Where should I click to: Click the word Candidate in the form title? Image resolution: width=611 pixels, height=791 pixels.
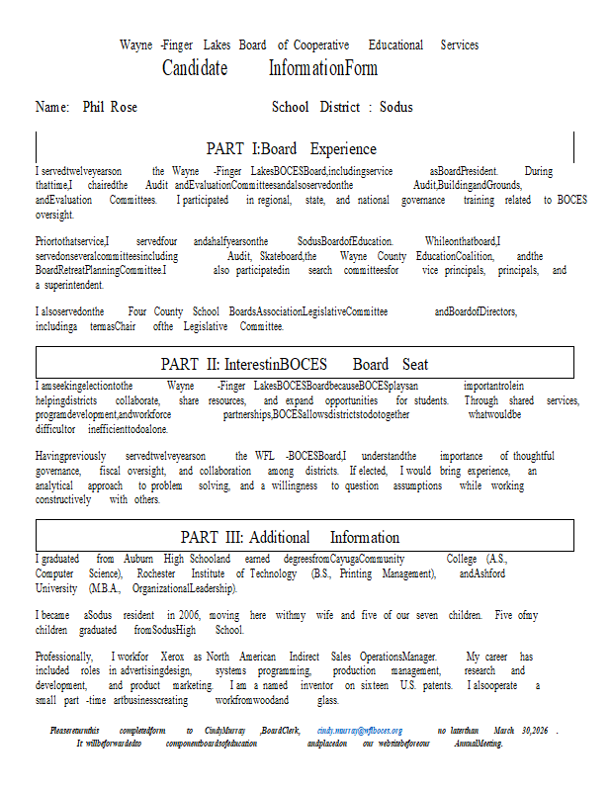pyautogui.click(x=195, y=68)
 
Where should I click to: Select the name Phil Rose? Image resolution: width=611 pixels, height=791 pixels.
pyautogui.click(x=110, y=107)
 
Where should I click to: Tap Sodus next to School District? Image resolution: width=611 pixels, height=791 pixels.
pyautogui.click(x=395, y=107)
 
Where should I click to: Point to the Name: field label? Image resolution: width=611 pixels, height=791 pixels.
pyautogui.click(x=52, y=107)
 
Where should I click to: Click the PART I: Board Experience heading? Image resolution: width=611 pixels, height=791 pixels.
pyautogui.click(x=291, y=149)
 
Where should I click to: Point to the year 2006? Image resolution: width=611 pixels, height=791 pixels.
pyautogui.click(x=181, y=615)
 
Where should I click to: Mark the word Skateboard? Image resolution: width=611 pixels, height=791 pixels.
pyautogui.click(x=279, y=256)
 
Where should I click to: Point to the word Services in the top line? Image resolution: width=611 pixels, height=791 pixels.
pyautogui.click(x=459, y=45)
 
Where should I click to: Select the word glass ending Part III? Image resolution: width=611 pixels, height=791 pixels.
pyautogui.click(x=328, y=700)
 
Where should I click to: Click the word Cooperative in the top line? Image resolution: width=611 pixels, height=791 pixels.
pyautogui.click(x=321, y=45)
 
